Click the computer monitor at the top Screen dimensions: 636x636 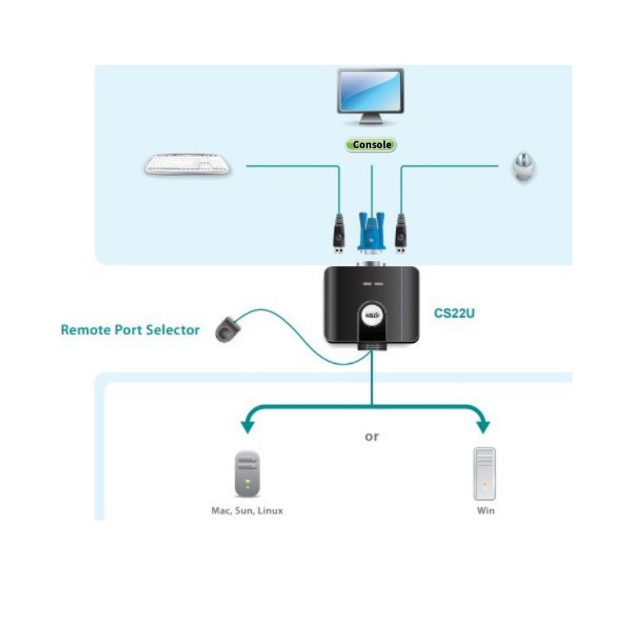click(370, 97)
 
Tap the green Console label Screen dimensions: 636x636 click(371, 145)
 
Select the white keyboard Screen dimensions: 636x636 click(188, 165)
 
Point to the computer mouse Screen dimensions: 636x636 click(523, 167)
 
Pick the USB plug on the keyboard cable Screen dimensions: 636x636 click(339, 233)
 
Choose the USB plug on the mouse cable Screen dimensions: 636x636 click(401, 233)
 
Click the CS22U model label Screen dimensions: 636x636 click(454, 313)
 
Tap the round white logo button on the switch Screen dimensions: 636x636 click(372, 315)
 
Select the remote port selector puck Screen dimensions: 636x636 click(227, 329)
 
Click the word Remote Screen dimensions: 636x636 click(86, 329)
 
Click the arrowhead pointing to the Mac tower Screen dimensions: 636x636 click(247, 427)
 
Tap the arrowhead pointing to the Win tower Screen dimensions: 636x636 click(483, 427)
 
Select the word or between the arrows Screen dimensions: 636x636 click(371, 437)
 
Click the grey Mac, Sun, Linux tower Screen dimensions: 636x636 click(247, 474)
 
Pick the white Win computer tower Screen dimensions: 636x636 click(485, 474)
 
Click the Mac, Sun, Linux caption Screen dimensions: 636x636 click(247, 511)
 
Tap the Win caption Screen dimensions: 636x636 click(485, 511)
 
